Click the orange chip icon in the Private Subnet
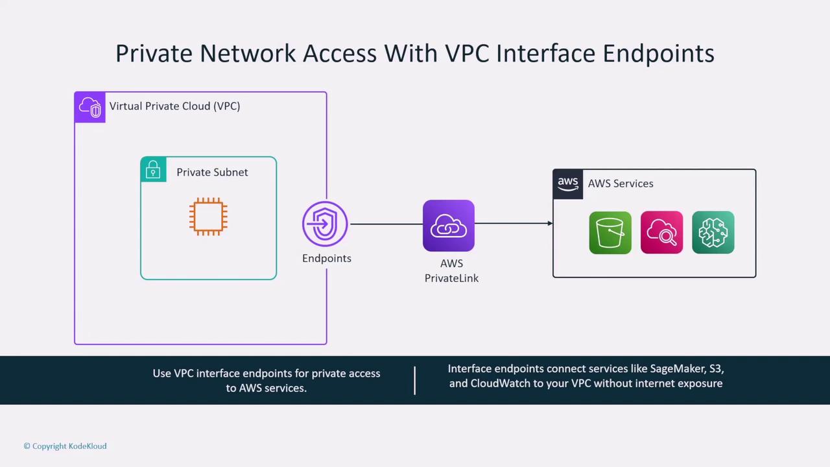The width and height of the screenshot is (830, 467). click(208, 217)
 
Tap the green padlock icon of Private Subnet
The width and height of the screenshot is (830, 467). click(153, 170)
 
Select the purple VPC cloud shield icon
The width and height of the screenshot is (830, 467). click(90, 108)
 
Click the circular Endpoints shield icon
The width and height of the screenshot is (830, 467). click(325, 224)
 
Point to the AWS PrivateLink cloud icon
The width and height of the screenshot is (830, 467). click(449, 226)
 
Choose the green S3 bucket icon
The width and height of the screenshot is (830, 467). click(610, 232)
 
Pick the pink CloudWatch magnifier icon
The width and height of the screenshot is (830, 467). click(661, 232)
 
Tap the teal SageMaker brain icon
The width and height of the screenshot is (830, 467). click(713, 232)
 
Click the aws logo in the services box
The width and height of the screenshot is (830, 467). click(568, 184)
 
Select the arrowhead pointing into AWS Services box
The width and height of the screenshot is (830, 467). click(549, 224)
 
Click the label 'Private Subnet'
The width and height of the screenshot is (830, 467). click(212, 173)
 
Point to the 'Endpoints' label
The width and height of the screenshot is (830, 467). click(327, 258)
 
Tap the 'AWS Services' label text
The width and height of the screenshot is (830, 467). click(621, 184)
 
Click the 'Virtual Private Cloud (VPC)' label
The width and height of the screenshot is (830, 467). click(174, 106)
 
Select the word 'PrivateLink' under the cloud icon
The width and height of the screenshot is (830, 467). click(452, 278)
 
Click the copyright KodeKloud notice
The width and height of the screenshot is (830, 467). click(65, 446)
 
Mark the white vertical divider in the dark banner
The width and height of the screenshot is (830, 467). click(415, 380)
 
